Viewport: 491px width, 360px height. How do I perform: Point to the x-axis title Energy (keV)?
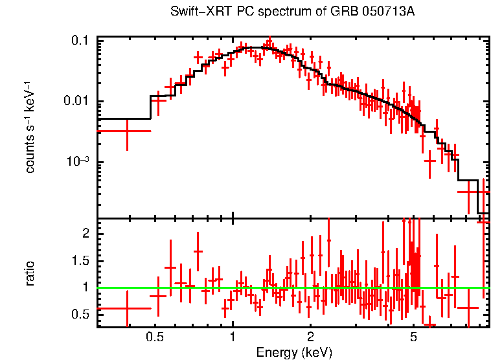294,352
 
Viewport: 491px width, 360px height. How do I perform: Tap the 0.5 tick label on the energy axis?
154,337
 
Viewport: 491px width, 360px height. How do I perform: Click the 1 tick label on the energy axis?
233,337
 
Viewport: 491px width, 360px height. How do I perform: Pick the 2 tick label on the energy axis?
310,337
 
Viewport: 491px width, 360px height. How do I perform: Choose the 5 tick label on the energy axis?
413,337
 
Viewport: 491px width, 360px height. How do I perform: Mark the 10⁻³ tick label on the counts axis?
79,162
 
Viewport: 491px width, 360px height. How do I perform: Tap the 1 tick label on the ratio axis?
87,287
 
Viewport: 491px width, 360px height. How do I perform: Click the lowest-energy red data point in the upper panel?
126,131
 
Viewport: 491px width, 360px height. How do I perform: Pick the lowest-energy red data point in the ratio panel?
126,308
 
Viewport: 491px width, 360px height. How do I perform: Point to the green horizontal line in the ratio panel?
291,287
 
